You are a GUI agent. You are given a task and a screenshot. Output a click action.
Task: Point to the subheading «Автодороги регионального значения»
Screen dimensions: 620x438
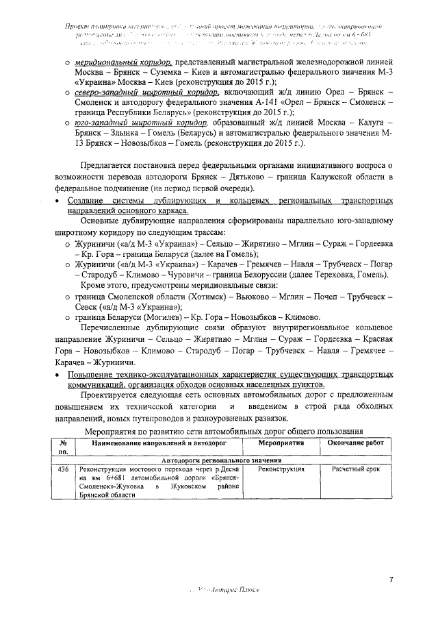pos(216,460)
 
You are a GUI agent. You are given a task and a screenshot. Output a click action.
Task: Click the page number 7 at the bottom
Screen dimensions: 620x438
pos(391,580)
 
